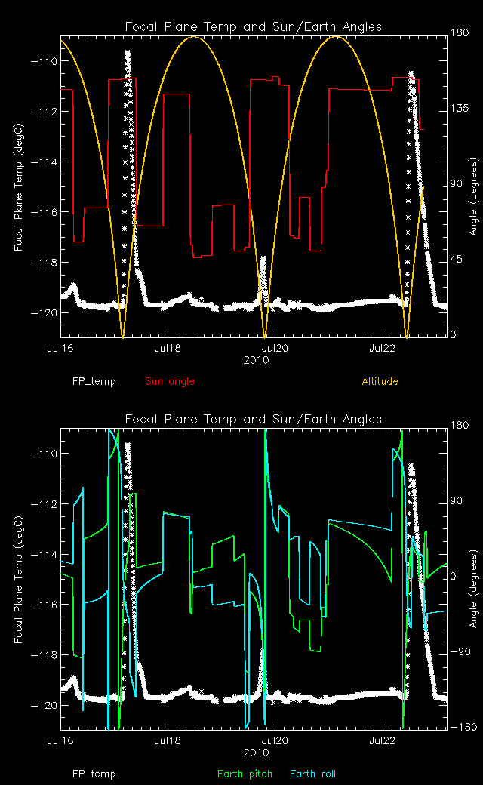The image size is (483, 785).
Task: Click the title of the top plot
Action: point(253,27)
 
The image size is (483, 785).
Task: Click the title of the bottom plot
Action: point(253,419)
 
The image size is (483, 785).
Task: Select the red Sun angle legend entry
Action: point(170,381)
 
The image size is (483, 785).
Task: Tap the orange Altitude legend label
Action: point(380,381)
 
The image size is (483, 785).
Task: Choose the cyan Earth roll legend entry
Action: point(312,774)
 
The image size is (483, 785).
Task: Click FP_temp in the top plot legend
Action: point(94,381)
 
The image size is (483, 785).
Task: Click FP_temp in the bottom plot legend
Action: point(94,774)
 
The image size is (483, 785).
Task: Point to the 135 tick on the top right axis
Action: point(461,109)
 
